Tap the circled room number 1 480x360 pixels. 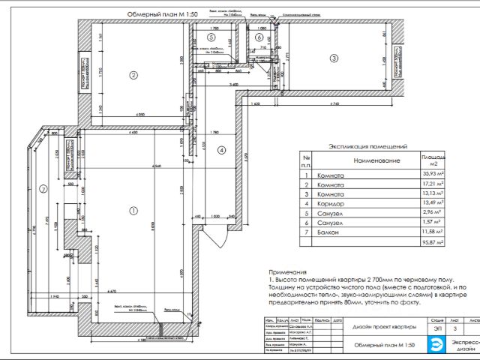(134, 211)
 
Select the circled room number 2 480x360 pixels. (133, 74)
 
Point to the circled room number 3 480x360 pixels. (334, 58)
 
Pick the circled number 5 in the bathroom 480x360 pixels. (211, 37)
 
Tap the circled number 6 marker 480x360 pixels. (259, 37)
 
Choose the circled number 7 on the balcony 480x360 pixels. (43, 188)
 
